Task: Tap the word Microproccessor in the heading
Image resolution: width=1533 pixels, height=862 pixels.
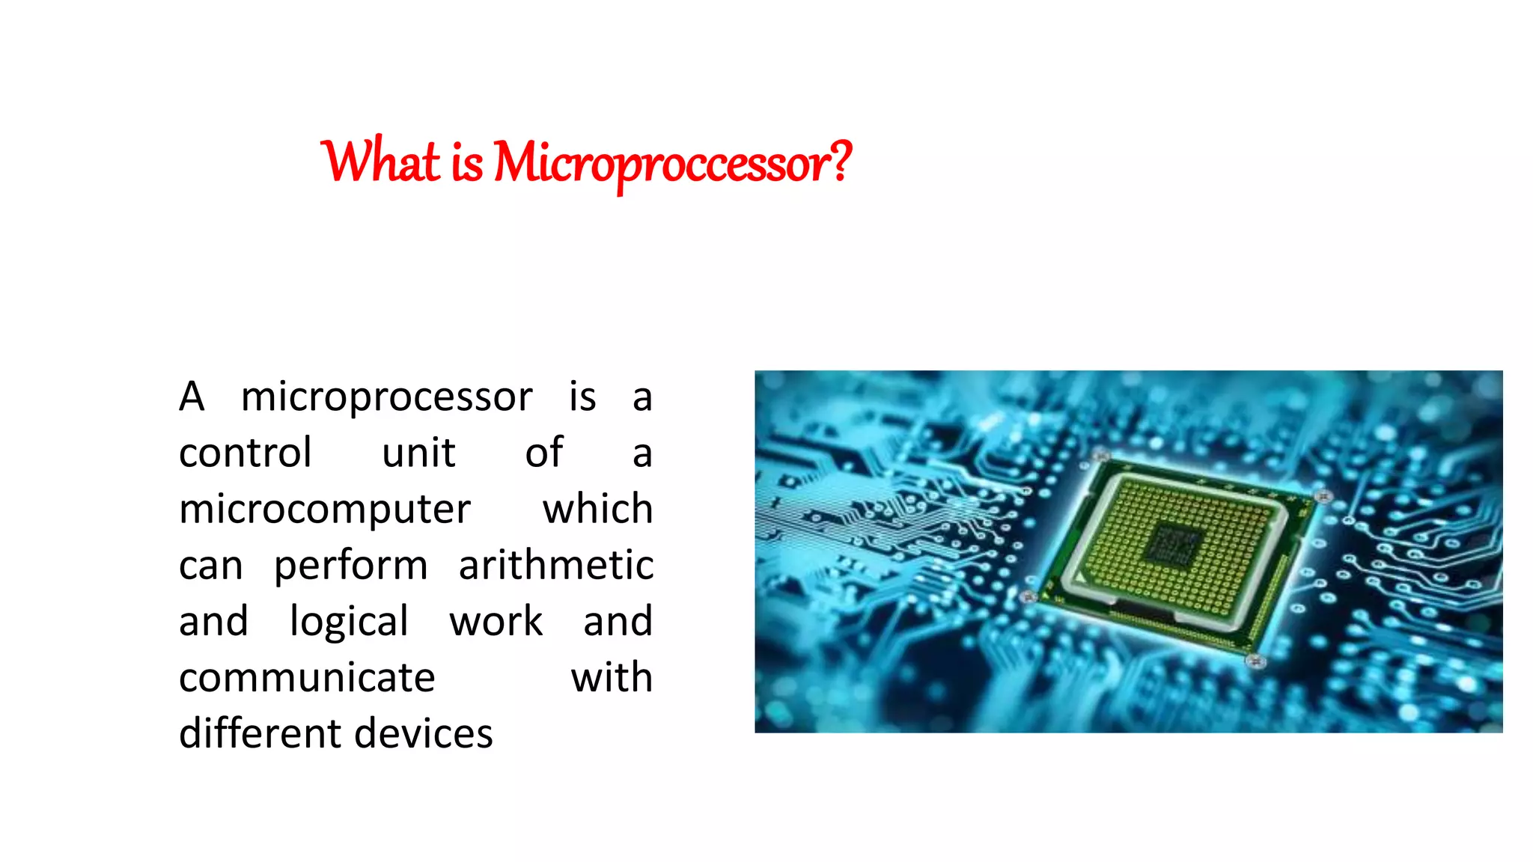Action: (x=659, y=163)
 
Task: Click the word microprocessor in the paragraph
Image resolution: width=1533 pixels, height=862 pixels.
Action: (x=386, y=397)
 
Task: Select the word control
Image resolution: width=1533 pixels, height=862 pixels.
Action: (x=245, y=453)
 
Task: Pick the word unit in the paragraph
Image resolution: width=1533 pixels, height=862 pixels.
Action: (x=418, y=453)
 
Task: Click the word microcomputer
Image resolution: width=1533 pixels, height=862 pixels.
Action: (x=325, y=510)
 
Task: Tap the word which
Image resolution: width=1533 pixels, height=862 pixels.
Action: (x=597, y=510)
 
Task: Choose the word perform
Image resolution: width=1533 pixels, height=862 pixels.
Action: (x=350, y=566)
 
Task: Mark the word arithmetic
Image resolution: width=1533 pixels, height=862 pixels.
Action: (x=555, y=566)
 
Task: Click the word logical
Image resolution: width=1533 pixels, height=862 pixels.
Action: (x=349, y=622)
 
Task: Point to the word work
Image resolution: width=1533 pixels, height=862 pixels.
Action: (x=496, y=622)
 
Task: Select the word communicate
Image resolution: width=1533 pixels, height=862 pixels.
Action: (x=307, y=678)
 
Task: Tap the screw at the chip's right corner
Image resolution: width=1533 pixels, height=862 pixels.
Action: (x=1323, y=496)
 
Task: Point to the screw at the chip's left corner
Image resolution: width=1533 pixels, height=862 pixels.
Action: (x=1028, y=596)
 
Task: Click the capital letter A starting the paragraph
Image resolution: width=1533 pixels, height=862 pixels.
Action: (x=192, y=397)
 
